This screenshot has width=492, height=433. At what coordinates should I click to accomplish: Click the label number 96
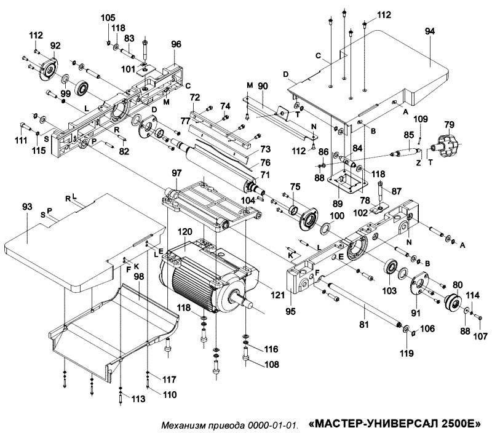(177, 44)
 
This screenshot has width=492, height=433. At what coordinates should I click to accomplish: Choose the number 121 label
(278, 295)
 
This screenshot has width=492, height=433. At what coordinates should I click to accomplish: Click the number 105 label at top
(108, 18)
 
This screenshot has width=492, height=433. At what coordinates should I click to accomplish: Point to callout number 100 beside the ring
(337, 216)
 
